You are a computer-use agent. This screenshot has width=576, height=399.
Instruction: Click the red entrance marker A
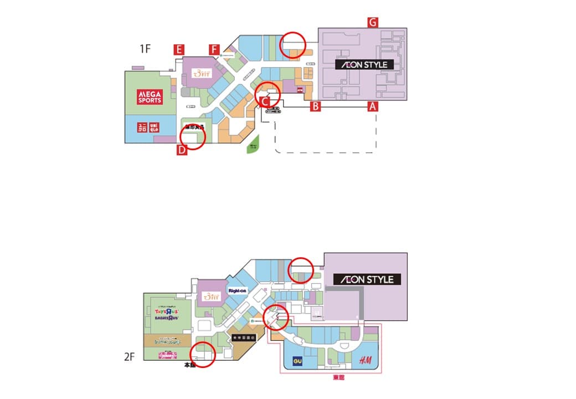pyautogui.click(x=373, y=106)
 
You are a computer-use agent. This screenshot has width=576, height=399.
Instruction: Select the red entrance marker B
pyautogui.click(x=315, y=106)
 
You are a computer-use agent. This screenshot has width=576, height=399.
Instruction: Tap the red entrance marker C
pyautogui.click(x=265, y=101)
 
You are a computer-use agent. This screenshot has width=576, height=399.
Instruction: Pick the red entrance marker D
pyautogui.click(x=182, y=150)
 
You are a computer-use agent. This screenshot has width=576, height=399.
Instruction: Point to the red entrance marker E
pyautogui.click(x=178, y=49)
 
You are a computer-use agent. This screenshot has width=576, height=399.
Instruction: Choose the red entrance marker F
pyautogui.click(x=214, y=49)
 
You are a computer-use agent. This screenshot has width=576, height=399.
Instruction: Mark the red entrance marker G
pyautogui.click(x=373, y=22)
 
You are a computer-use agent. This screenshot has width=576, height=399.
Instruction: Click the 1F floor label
pyautogui.click(x=145, y=49)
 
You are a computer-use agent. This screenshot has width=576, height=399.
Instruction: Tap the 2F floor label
pyautogui.click(x=129, y=357)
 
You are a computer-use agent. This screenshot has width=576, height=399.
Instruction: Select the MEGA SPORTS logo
pyautogui.click(x=150, y=97)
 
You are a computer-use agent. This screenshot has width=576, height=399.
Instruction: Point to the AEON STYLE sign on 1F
pyautogui.click(x=364, y=64)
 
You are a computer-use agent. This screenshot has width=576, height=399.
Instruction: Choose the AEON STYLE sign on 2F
pyautogui.click(x=367, y=279)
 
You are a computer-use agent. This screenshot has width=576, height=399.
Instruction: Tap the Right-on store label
pyautogui.click(x=237, y=291)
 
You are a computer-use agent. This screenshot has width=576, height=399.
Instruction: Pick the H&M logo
pyautogui.click(x=366, y=361)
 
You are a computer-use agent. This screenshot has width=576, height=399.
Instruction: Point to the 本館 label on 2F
pyautogui.click(x=189, y=366)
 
